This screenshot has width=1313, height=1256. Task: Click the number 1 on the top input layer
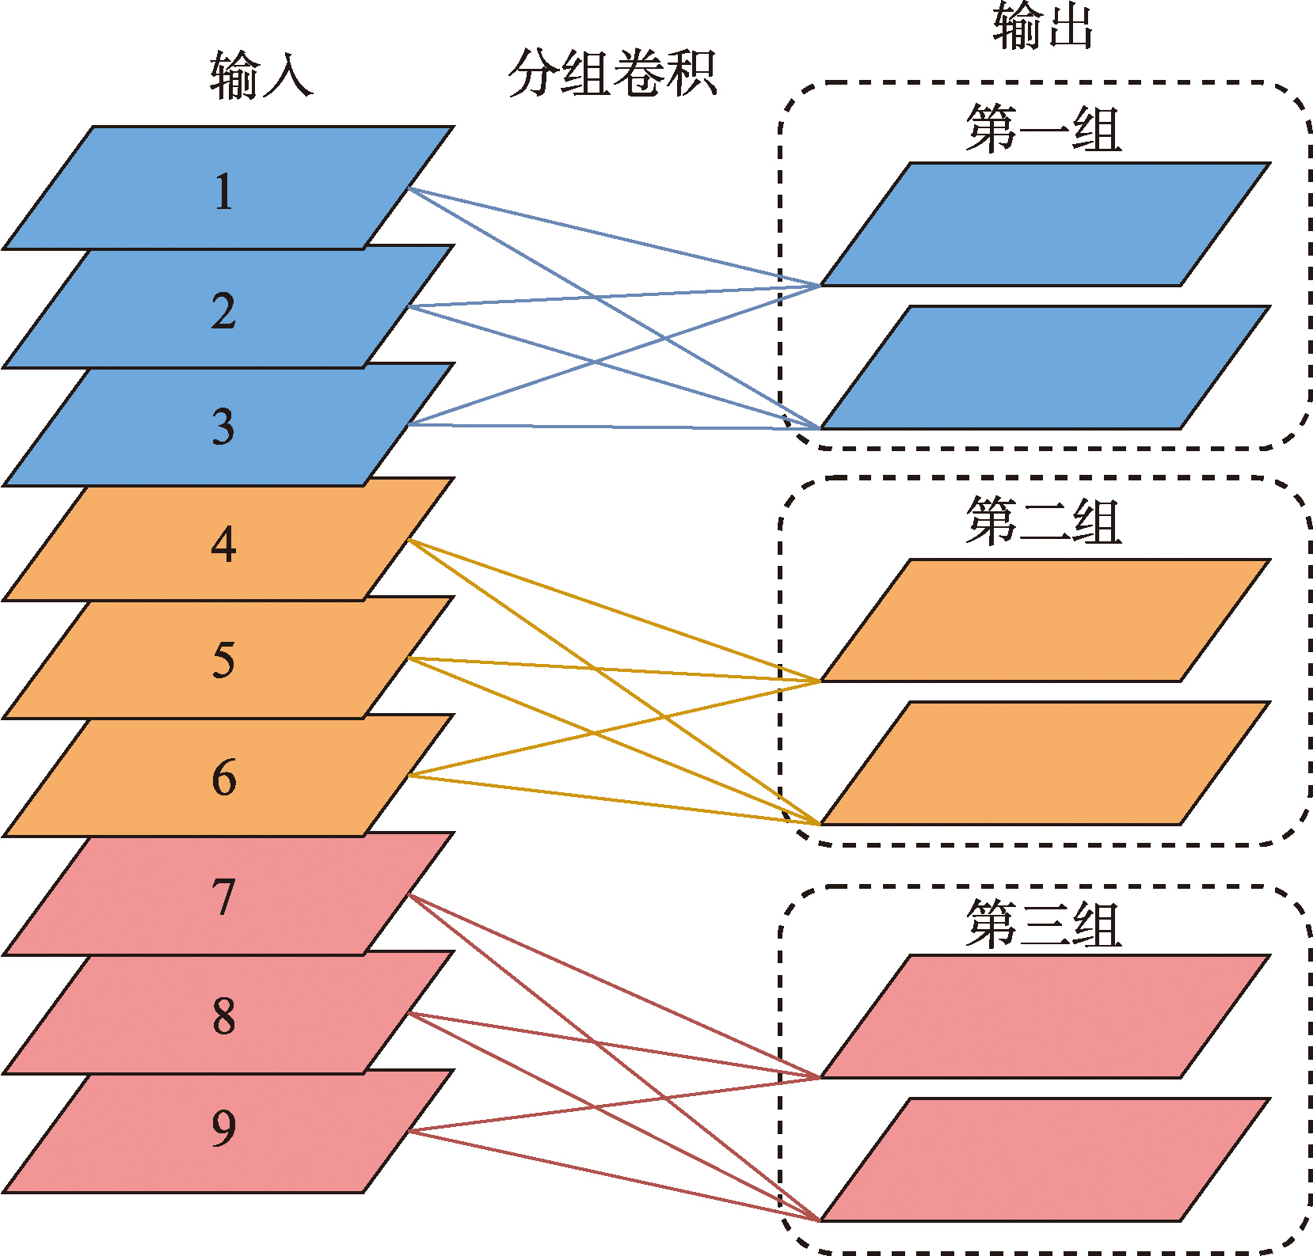(x=224, y=192)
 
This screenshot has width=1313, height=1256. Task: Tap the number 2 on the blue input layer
(x=224, y=310)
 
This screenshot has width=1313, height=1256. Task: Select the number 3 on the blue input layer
(x=224, y=427)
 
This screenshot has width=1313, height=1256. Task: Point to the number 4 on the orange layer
(x=224, y=545)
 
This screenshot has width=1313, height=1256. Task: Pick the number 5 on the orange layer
(x=224, y=660)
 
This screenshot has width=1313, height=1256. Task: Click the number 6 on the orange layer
(x=224, y=777)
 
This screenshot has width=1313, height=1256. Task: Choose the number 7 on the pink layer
(x=224, y=897)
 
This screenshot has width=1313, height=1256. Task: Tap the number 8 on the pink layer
(x=224, y=1015)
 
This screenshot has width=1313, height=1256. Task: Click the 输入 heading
(x=261, y=75)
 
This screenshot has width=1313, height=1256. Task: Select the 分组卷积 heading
(x=612, y=74)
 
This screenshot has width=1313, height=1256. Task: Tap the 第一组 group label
(x=1044, y=129)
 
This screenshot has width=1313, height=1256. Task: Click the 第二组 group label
(x=1044, y=522)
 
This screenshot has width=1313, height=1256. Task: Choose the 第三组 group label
(x=1044, y=924)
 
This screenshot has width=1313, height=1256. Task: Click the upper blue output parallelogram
(x=1045, y=224)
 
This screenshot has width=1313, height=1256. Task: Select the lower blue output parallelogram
(x=1045, y=367)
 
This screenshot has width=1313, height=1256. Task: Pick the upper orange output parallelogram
(x=1045, y=620)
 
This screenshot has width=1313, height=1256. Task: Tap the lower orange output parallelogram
(x=1045, y=763)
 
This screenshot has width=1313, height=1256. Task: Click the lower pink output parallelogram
(x=1045, y=1159)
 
